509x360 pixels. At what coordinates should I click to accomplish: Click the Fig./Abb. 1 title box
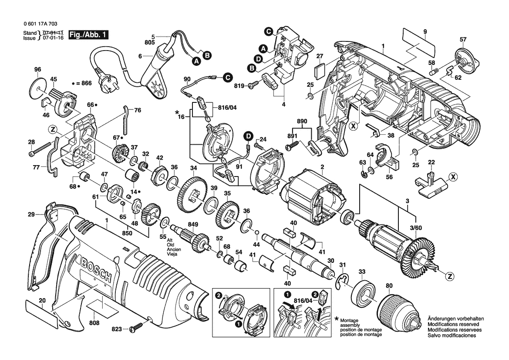pos(88,35)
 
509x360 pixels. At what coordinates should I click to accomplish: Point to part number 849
pos(192,224)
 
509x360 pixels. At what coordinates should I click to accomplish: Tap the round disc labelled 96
pos(38,88)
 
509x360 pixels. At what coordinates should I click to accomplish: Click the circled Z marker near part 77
pos(52,129)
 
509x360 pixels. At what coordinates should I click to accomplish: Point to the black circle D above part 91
pos(248,136)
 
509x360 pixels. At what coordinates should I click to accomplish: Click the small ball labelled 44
pos(257,232)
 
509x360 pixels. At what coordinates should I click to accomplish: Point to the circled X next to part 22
pos(452,177)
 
